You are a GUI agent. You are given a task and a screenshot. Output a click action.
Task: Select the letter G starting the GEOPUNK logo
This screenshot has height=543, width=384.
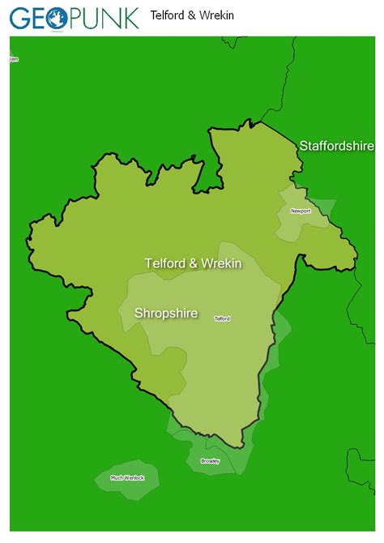[19, 18]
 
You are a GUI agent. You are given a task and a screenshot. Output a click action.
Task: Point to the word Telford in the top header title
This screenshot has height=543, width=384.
[166, 15]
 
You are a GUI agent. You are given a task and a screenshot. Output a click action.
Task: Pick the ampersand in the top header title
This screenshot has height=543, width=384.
[187, 15]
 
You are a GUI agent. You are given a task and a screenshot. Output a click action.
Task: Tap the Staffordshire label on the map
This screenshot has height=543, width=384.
[336, 146]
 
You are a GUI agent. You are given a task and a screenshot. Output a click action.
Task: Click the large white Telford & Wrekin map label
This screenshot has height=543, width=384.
[193, 263]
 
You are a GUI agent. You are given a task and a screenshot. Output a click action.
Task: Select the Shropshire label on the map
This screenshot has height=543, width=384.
[165, 313]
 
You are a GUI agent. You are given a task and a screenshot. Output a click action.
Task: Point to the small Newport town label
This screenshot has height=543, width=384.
[301, 212]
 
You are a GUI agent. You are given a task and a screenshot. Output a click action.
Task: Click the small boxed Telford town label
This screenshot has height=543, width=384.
[222, 319]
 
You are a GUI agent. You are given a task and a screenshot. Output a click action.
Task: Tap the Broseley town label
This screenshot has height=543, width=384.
[209, 461]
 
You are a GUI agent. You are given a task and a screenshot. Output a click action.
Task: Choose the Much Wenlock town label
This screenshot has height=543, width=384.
[127, 477]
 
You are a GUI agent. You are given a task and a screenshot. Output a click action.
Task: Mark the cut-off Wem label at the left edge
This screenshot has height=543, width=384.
[13, 59]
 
